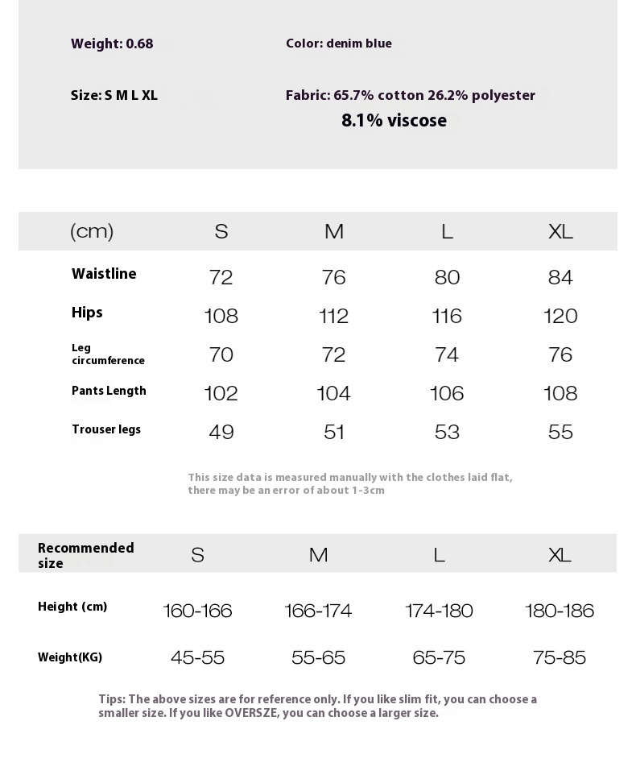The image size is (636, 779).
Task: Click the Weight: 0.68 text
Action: coord(112,44)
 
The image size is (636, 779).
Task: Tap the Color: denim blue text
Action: coord(338,44)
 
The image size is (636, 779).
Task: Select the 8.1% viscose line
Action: coord(394,121)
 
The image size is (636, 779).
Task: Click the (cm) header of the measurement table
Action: coord(92,232)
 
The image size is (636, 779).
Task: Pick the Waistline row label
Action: coord(104,274)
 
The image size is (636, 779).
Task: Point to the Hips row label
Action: coord(87,313)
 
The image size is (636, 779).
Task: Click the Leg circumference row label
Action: coord(108,354)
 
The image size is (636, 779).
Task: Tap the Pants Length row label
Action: coord(109,391)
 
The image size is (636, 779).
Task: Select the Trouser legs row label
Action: coord(106,429)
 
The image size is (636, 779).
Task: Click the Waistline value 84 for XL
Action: coord(560,278)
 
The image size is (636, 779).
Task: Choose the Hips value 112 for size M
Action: coord(333,317)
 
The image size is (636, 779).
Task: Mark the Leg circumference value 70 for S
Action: coord(221,355)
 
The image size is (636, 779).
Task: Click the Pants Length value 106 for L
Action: coord(447,394)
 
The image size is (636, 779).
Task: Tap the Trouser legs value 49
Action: coord(221,433)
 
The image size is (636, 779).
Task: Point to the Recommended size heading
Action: coord(85,555)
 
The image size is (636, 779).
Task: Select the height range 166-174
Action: coord(318,611)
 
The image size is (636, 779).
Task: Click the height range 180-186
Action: coord(560,611)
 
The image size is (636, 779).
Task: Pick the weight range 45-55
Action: coord(197,658)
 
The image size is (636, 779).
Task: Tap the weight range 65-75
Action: coord(439,658)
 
